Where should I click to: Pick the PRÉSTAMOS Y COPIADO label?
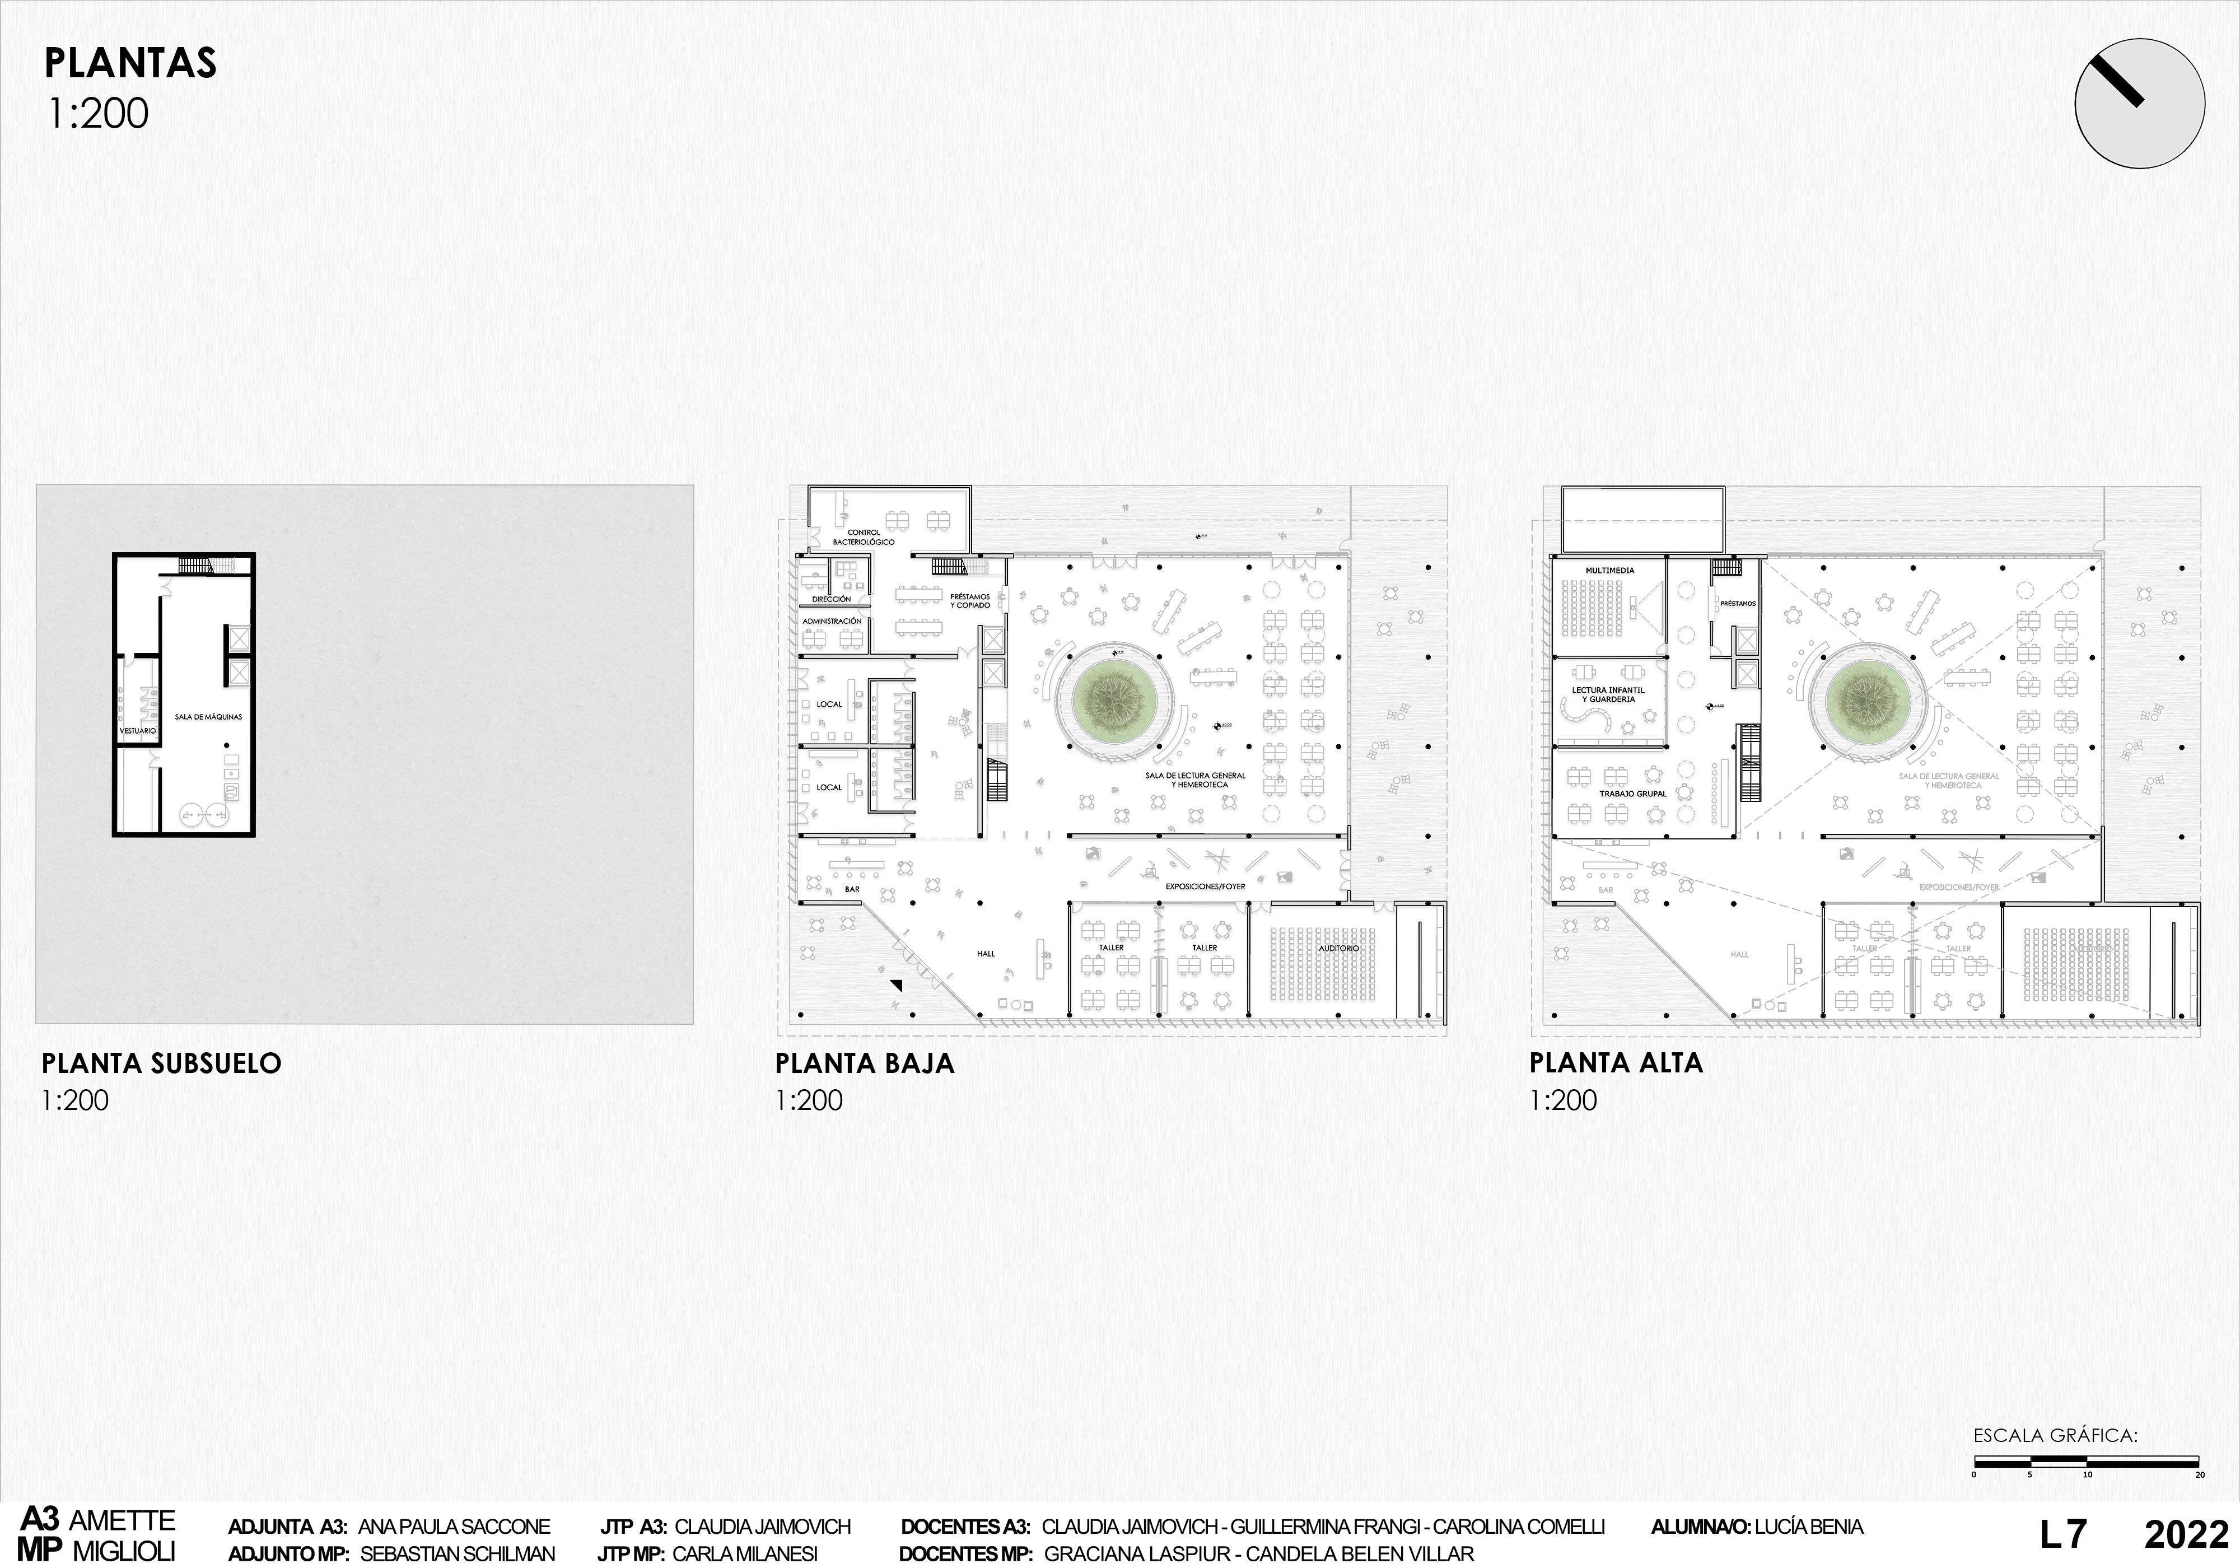click(970, 601)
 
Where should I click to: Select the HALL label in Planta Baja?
click(986, 953)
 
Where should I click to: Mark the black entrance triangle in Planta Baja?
click(895, 987)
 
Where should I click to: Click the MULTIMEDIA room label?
click(1610, 571)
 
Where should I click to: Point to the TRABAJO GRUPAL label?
click(1633, 794)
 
